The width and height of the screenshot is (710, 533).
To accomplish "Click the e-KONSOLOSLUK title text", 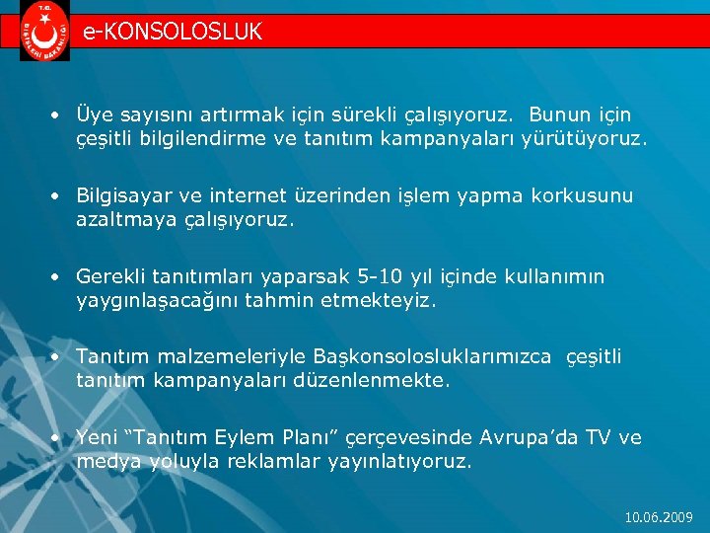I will (x=173, y=32).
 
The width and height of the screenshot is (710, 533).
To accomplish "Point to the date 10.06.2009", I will (x=660, y=516).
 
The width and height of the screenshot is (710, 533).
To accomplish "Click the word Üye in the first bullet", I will (x=95, y=116).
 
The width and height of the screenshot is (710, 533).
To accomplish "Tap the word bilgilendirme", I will (x=209, y=140).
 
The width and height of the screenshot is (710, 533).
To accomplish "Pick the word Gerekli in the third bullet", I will (x=110, y=276).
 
